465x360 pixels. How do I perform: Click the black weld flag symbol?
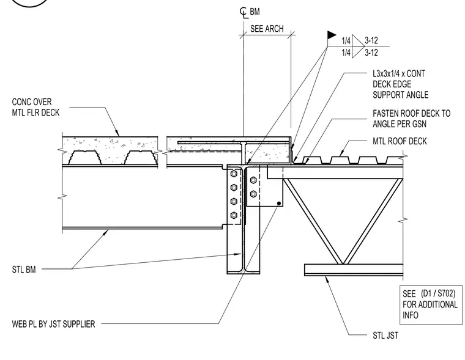(x=332, y=35)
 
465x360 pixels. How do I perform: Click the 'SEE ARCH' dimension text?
(x=267, y=29)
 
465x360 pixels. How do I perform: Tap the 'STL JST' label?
(x=385, y=336)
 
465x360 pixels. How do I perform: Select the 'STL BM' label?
(x=24, y=270)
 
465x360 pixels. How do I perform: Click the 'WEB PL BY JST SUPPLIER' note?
(x=53, y=324)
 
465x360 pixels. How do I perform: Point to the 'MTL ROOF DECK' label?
(x=400, y=141)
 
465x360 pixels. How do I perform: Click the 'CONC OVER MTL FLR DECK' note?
(x=35, y=107)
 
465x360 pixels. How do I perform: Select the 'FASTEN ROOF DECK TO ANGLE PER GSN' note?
(x=411, y=119)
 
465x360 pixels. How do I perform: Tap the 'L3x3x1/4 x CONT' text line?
(x=399, y=73)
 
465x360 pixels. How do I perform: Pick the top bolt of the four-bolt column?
(x=234, y=174)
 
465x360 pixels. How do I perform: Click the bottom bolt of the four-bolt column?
(x=234, y=215)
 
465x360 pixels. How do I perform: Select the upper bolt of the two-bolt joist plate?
(x=253, y=180)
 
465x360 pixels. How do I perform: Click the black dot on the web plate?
(x=279, y=204)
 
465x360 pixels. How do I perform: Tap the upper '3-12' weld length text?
(x=371, y=40)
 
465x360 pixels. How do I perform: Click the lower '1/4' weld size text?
(x=346, y=53)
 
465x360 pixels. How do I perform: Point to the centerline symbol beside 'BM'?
(x=244, y=13)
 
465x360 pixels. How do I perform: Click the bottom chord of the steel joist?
(x=354, y=270)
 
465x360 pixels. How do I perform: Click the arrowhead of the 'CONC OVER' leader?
(x=117, y=133)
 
